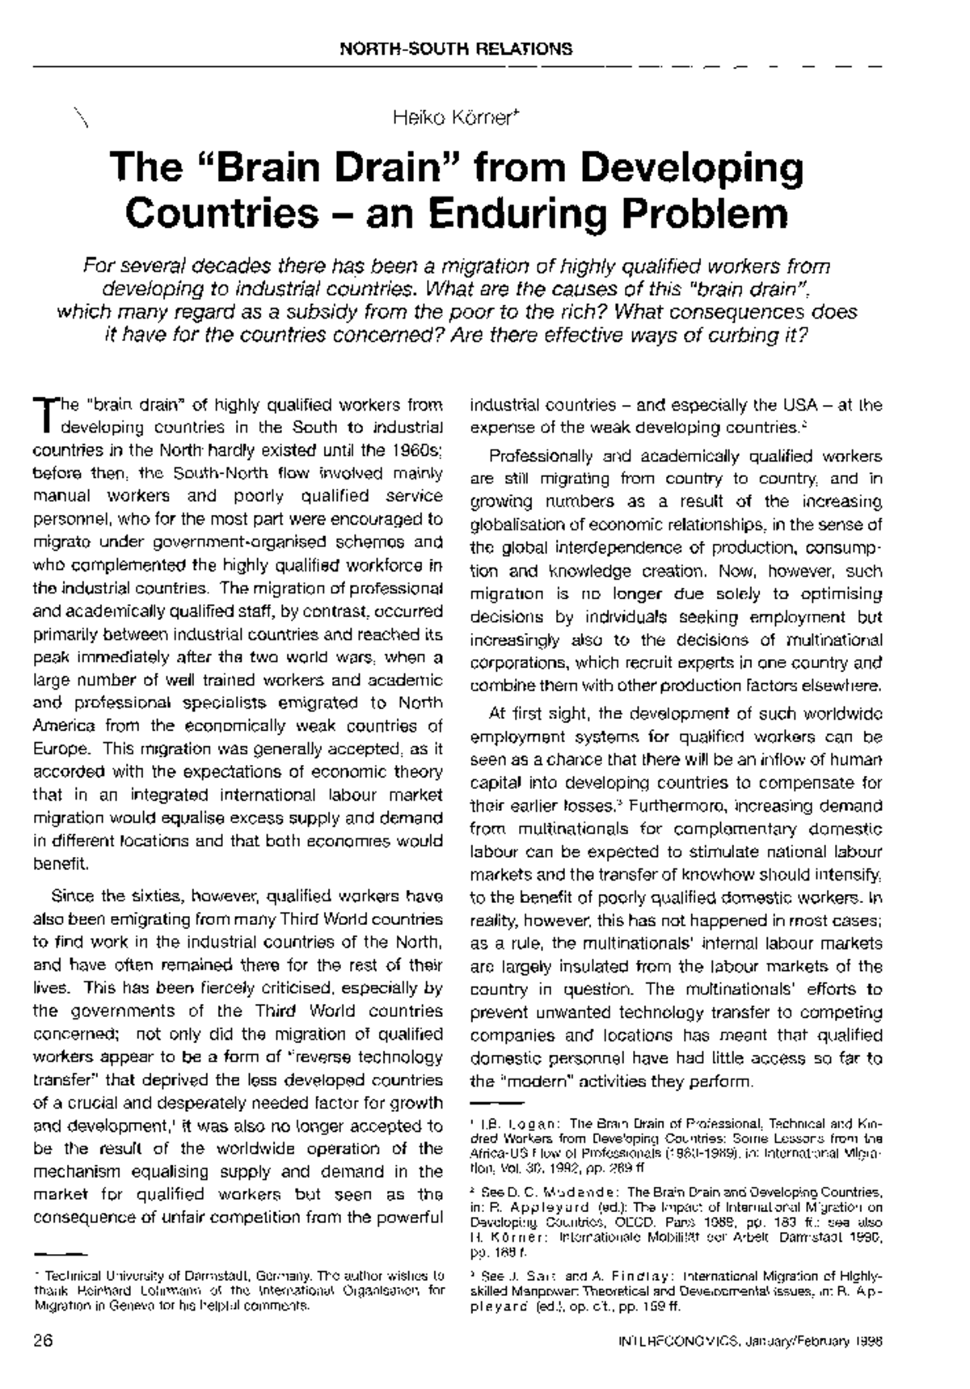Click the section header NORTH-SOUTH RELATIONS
click(x=456, y=49)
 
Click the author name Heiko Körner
click(x=453, y=119)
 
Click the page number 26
click(x=43, y=1340)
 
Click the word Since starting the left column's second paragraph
click(x=70, y=896)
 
